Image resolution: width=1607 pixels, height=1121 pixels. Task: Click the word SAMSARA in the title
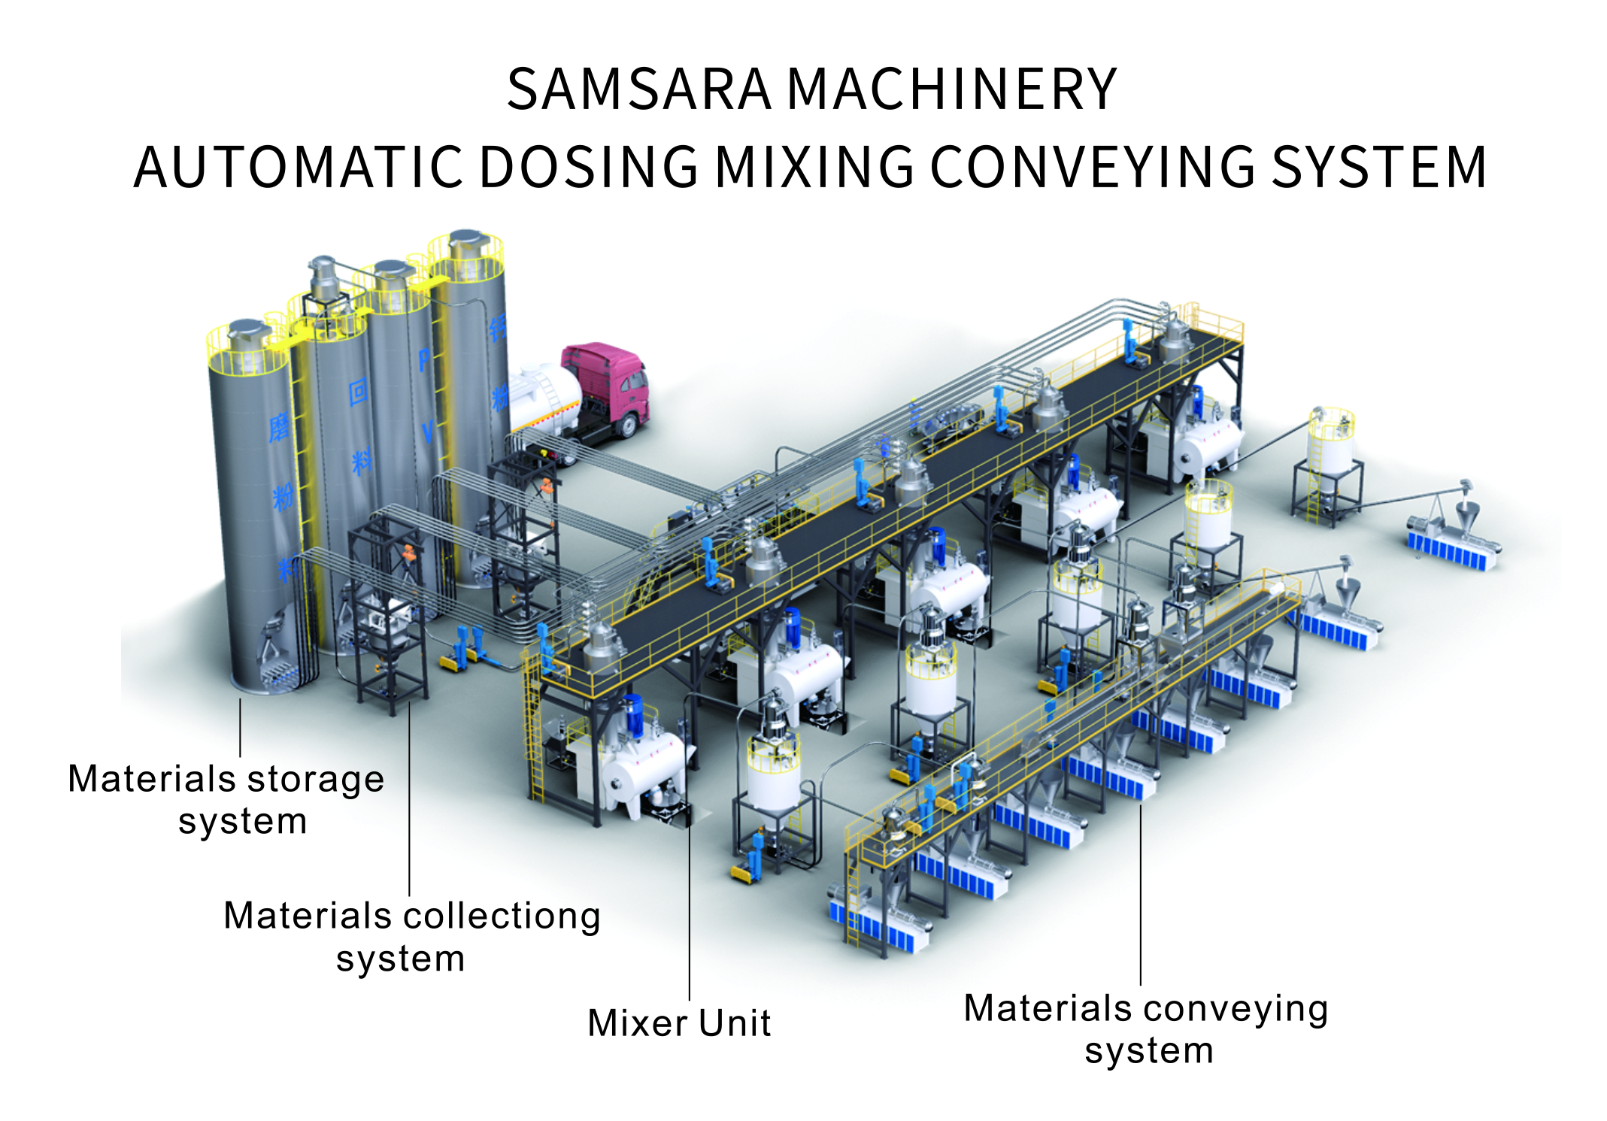point(639,89)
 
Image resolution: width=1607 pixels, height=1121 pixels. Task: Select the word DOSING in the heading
point(589,167)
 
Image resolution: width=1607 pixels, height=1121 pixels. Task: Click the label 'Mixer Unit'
point(679,1023)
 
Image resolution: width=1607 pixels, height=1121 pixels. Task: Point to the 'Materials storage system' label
point(226,799)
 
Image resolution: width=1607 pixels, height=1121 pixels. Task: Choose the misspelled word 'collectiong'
point(502,917)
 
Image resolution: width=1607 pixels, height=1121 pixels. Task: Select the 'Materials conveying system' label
point(1146,1029)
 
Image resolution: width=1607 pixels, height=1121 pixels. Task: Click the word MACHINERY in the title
point(952,89)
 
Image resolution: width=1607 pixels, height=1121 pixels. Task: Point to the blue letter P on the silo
point(424,360)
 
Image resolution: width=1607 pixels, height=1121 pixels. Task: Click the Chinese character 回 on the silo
point(358,392)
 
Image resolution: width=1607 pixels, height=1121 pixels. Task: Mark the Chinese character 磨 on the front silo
point(279,429)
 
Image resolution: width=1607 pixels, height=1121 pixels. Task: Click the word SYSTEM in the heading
point(1379,167)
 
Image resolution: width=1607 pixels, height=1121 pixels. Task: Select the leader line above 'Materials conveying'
point(1141,895)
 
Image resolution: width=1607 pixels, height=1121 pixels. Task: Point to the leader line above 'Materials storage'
point(241,728)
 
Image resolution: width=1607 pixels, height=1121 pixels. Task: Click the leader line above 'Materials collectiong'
point(410,797)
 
